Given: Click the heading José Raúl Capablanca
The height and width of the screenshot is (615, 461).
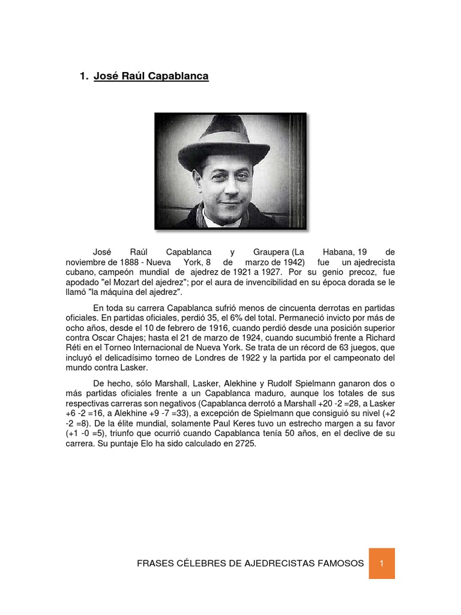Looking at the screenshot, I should coord(151,76).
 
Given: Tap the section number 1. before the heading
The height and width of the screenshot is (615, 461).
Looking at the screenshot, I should coord(84,76).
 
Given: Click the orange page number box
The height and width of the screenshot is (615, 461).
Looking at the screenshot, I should coord(382,563).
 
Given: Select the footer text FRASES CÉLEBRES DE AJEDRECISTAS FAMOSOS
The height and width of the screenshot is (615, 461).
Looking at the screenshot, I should coord(250,563).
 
